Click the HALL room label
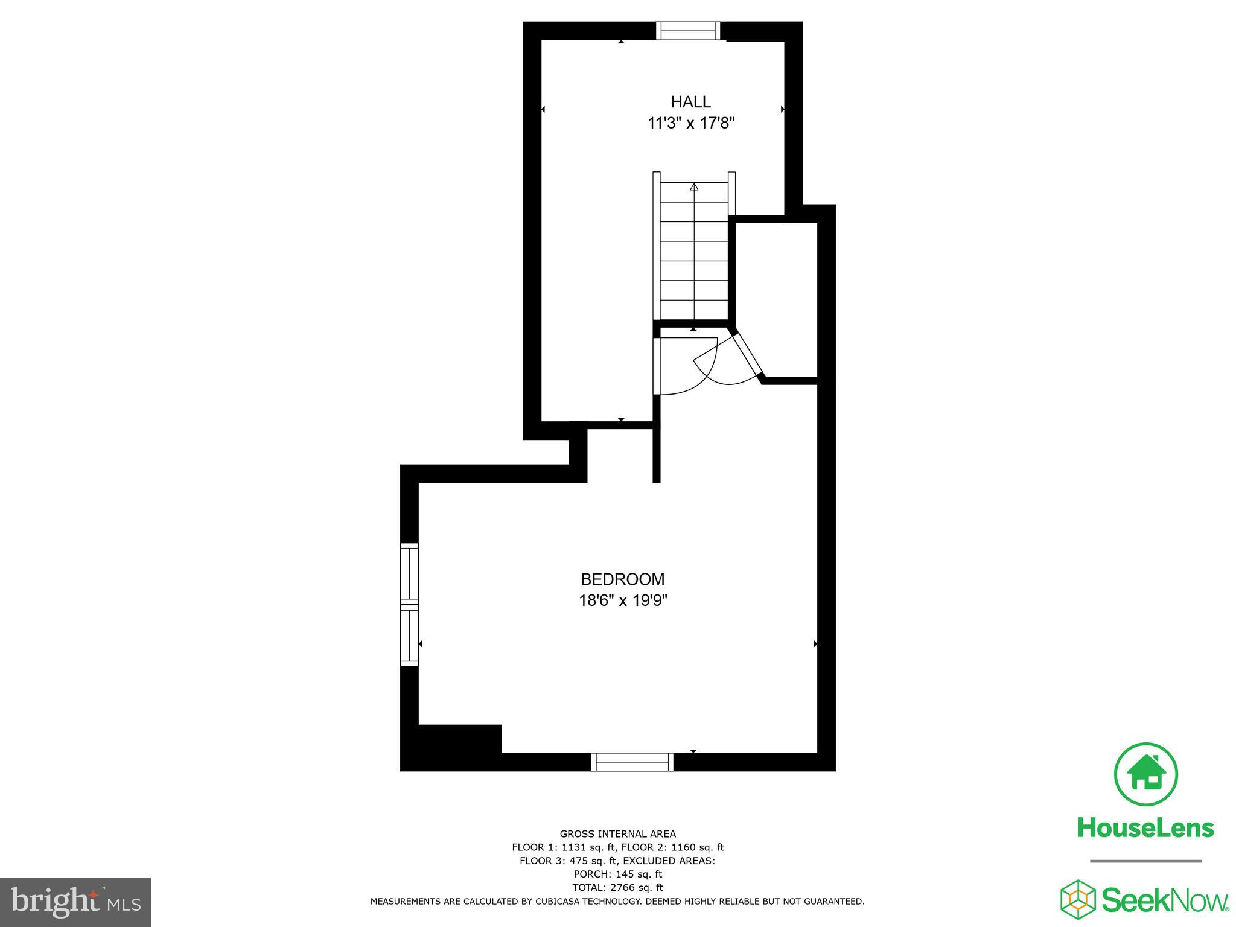click(x=690, y=101)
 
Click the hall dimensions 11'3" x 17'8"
click(x=690, y=124)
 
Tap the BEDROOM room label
click(x=622, y=579)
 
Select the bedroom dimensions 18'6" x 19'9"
click(x=622, y=601)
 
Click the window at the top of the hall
click(x=688, y=31)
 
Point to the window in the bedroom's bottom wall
click(x=632, y=762)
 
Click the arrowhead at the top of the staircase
click(x=694, y=187)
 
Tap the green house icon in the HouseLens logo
click(x=1145, y=774)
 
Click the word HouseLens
click(x=1145, y=828)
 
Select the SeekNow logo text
click(x=1165, y=900)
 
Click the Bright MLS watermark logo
click(x=75, y=902)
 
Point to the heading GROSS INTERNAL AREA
click(x=617, y=835)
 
